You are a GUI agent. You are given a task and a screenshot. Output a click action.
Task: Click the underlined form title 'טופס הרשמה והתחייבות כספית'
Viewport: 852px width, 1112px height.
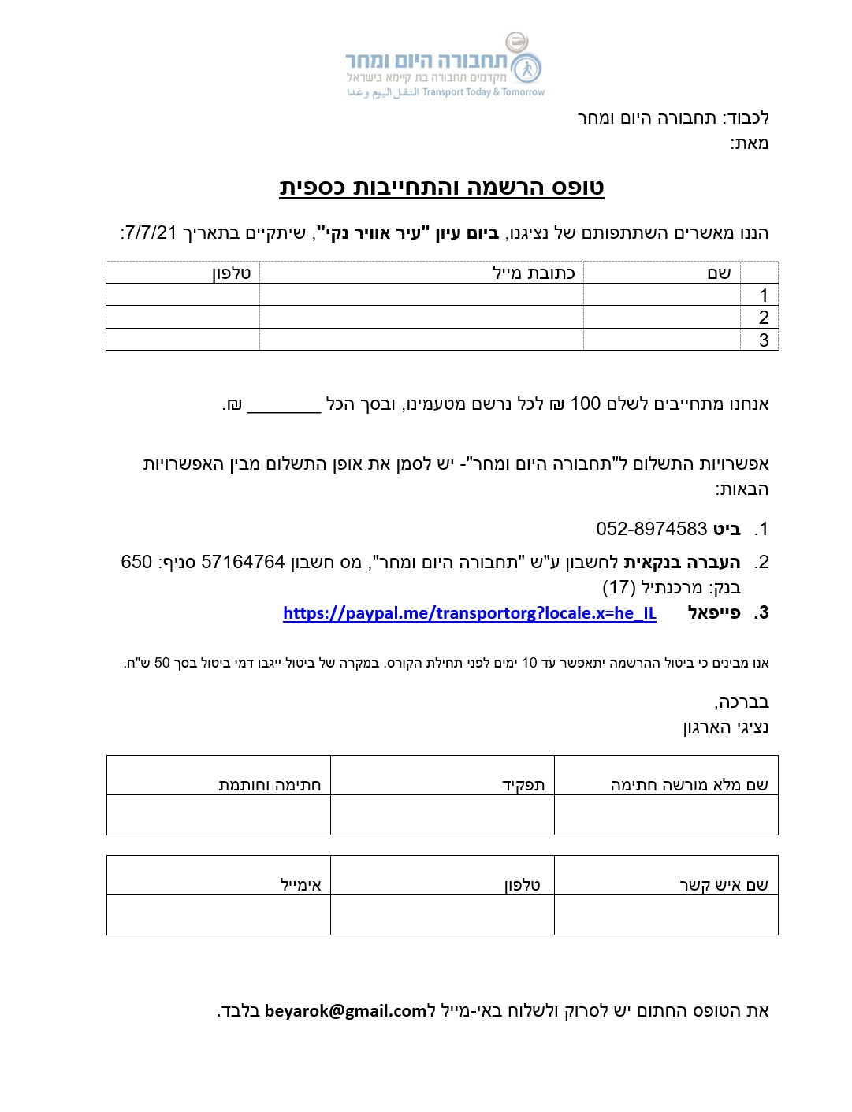coord(441,188)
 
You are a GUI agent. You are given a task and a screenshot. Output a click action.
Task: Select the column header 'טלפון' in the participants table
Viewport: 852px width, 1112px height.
coord(231,273)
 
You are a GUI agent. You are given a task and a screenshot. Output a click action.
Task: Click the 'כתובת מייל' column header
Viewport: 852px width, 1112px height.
coord(534,273)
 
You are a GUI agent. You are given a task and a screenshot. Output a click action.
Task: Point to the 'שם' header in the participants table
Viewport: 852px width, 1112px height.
coord(719,273)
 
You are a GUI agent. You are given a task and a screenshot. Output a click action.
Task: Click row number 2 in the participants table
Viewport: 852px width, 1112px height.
coord(763,318)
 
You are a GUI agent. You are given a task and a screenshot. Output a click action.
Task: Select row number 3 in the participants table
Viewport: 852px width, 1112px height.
coord(763,340)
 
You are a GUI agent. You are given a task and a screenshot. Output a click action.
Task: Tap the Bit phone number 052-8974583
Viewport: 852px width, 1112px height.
coord(651,529)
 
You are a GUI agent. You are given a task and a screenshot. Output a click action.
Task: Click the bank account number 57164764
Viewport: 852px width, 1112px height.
coord(243,563)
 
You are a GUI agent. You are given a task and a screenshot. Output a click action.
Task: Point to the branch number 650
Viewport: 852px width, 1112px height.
coord(136,563)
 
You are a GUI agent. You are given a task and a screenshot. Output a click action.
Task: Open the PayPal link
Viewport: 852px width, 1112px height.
coord(469,613)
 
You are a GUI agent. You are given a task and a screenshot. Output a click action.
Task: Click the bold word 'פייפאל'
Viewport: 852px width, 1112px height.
coord(714,613)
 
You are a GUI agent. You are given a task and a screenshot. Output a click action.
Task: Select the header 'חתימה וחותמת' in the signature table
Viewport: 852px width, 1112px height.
coord(270,785)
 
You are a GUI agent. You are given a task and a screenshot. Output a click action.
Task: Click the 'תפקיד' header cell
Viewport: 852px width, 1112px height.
coord(523,785)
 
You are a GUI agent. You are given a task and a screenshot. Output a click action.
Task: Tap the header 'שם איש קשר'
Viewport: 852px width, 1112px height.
coord(724,885)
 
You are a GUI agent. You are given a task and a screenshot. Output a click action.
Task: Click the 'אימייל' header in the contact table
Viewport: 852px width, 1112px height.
coord(301,885)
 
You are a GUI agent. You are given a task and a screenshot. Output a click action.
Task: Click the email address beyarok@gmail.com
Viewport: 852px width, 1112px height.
coord(345,1011)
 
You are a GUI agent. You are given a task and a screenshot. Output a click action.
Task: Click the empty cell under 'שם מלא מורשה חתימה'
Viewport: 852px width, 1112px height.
coord(666,815)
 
